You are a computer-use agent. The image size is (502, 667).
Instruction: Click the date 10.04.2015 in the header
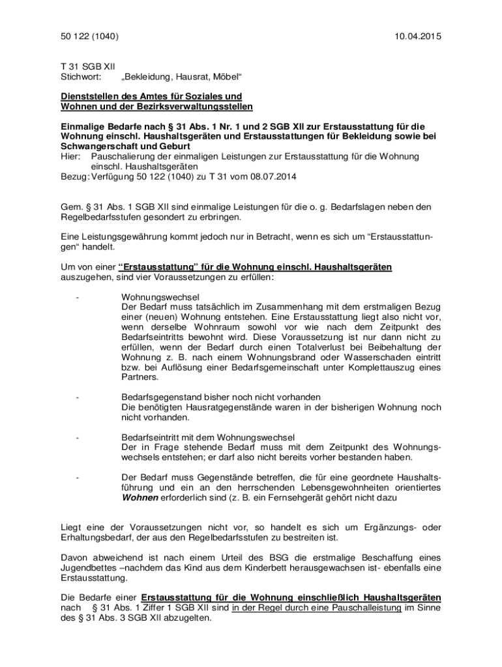click(417, 36)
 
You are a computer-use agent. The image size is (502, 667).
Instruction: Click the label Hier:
click(71, 157)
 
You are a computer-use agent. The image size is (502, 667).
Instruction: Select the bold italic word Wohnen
click(140, 498)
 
